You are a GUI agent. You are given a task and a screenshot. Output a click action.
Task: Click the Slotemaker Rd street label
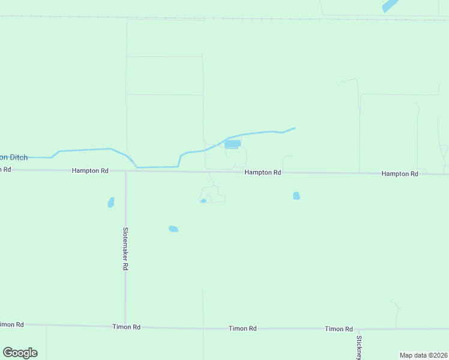click(x=125, y=248)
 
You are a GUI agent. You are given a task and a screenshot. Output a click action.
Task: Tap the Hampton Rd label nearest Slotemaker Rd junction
click(x=90, y=171)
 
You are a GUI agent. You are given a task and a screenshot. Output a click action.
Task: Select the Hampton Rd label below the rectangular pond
click(x=263, y=173)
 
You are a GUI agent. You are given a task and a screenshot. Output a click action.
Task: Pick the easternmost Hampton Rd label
click(x=400, y=174)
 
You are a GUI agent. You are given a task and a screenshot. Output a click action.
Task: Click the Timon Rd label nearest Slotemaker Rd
click(x=126, y=327)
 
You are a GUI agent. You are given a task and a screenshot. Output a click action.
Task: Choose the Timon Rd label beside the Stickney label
click(x=339, y=329)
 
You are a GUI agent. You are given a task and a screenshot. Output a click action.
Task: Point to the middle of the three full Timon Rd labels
click(x=243, y=329)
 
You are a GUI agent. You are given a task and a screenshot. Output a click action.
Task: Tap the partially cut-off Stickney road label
click(x=359, y=347)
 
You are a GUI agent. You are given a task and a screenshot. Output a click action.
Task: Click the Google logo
click(x=20, y=353)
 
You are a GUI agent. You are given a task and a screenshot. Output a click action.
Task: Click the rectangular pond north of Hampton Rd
click(x=232, y=144)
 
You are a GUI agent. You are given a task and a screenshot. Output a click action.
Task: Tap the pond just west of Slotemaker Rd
click(x=111, y=203)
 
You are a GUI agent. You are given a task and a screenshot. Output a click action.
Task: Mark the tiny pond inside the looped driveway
click(x=203, y=201)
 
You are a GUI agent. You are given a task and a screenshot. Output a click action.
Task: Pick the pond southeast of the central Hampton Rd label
click(x=297, y=196)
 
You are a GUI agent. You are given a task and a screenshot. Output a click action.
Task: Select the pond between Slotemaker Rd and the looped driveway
click(x=173, y=229)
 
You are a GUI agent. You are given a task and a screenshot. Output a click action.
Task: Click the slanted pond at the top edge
click(x=390, y=6)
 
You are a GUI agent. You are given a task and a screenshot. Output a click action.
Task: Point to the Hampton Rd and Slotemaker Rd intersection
click(x=125, y=172)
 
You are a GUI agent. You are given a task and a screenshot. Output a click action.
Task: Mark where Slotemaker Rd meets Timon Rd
click(x=125, y=326)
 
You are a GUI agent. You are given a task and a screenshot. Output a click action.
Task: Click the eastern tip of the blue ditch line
click(x=295, y=128)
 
